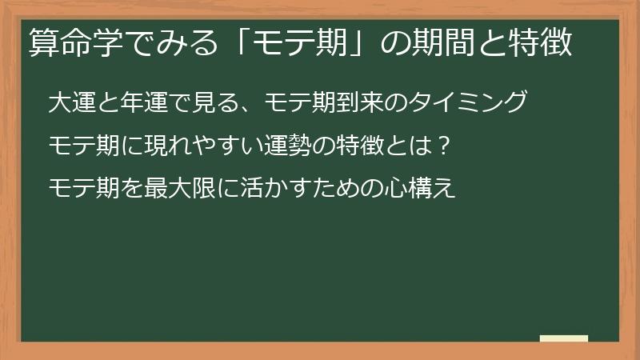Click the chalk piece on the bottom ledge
(x=564, y=338)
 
